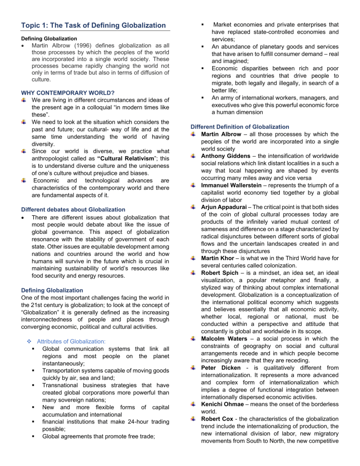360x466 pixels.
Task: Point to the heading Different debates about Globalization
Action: (x=69, y=196)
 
